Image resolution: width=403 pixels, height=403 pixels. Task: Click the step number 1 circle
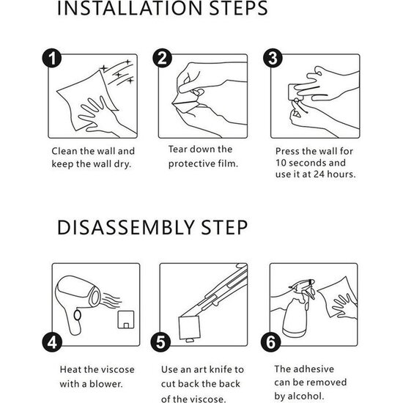[x=52, y=58]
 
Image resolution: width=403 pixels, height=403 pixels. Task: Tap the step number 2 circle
[x=162, y=58]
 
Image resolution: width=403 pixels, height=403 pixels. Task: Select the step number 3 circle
[x=273, y=58]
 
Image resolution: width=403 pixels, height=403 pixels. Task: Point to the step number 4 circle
[x=52, y=342]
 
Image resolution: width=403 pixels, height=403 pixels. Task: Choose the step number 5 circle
[x=160, y=342]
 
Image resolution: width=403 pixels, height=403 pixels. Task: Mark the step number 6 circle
[x=271, y=342]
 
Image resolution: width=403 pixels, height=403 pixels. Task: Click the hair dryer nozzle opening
[x=95, y=297]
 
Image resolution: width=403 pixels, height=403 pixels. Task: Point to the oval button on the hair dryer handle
[x=78, y=315]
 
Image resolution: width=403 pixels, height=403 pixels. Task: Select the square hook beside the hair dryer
[x=126, y=319]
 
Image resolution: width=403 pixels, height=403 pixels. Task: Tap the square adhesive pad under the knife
[x=190, y=328]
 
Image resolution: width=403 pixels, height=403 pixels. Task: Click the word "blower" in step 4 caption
[x=106, y=384]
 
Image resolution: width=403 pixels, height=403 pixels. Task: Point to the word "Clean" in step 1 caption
[x=64, y=151]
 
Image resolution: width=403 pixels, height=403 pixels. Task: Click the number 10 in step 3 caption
[x=281, y=163]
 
